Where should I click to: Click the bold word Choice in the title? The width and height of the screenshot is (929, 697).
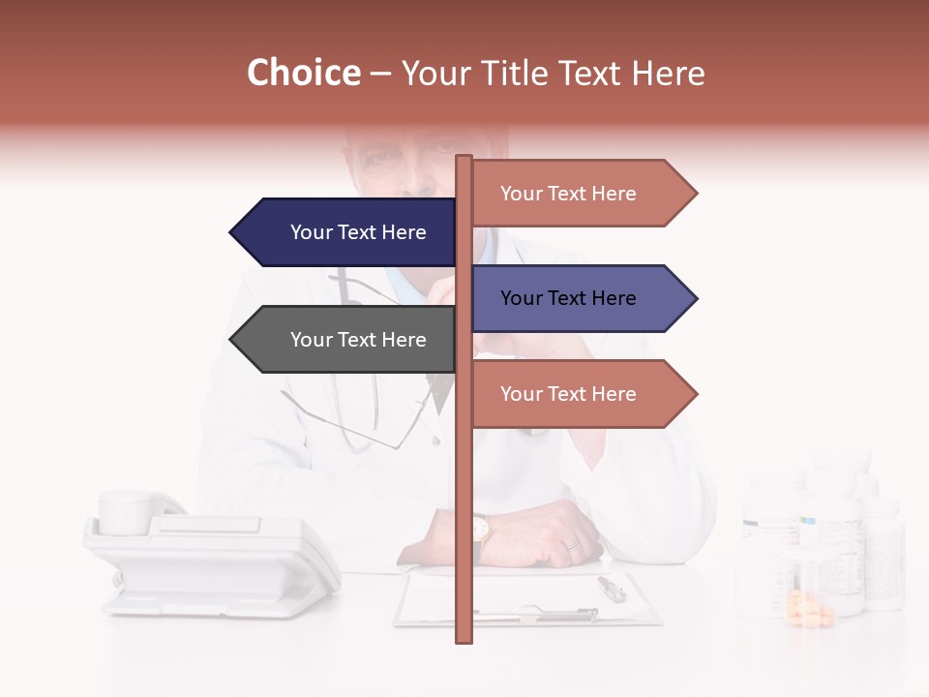(303, 73)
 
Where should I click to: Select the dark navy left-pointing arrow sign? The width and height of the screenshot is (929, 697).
(348, 232)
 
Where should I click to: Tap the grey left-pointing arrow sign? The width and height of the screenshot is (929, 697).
(348, 340)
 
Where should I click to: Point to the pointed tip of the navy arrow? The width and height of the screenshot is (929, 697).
(232, 232)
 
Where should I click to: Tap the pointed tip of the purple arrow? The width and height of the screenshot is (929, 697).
(695, 298)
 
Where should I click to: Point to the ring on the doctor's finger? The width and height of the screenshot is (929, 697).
(572, 545)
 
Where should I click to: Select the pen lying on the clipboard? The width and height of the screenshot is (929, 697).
(611, 588)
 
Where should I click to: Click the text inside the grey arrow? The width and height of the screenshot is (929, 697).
(358, 340)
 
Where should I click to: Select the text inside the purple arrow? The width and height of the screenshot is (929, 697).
(568, 298)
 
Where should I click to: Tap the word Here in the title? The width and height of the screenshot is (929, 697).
(669, 73)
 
